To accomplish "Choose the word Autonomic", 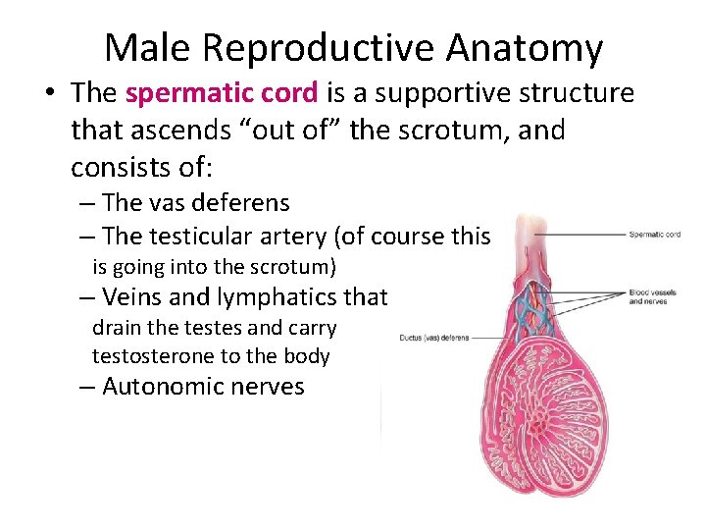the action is [163, 387].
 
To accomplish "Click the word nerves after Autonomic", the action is [268, 387].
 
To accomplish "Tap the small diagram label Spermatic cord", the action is [654, 235].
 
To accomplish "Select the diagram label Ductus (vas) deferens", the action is [433, 338].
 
